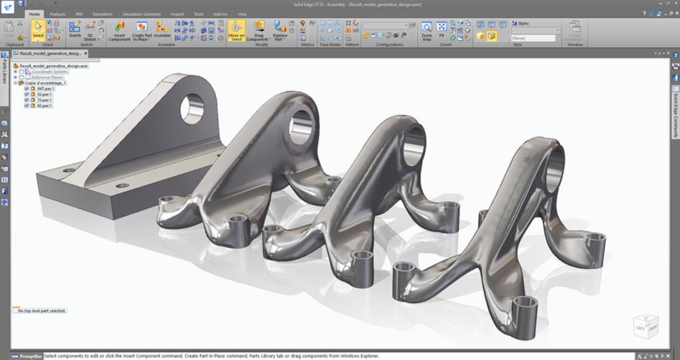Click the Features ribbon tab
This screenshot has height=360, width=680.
[58, 13]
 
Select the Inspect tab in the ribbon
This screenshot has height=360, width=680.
[177, 13]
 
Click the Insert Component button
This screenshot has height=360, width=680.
[120, 29]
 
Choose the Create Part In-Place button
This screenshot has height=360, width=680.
[141, 29]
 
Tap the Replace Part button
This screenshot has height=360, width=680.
[280, 29]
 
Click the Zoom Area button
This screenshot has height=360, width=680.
[426, 29]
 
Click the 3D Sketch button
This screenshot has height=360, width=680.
[90, 29]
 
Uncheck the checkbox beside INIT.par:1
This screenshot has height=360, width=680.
[27, 88]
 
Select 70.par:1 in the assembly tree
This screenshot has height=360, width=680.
[44, 100]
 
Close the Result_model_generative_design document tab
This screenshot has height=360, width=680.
[85, 53]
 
